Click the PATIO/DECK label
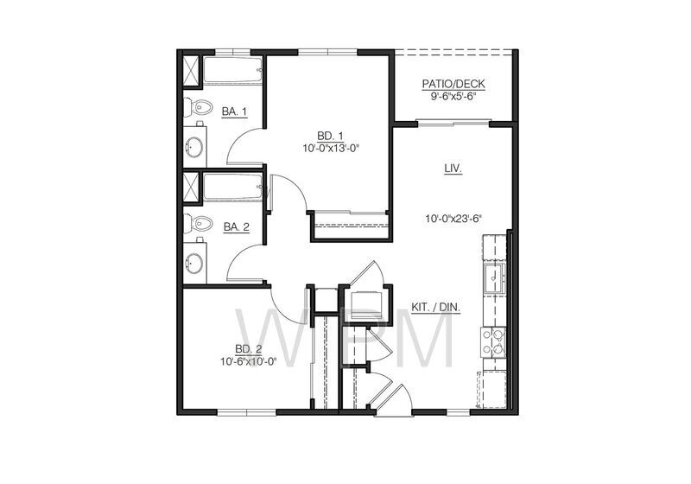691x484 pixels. (x=453, y=84)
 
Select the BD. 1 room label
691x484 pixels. (x=330, y=136)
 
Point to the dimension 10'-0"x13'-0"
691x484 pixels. (x=330, y=148)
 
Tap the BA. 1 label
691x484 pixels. (x=234, y=111)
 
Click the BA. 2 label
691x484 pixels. (x=236, y=226)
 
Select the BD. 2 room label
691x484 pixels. (x=248, y=349)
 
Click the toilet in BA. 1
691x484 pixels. (x=200, y=109)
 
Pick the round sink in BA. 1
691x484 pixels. (x=195, y=147)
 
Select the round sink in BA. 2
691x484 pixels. (x=195, y=261)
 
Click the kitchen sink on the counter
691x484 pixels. (x=495, y=277)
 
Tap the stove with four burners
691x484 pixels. (x=494, y=342)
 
